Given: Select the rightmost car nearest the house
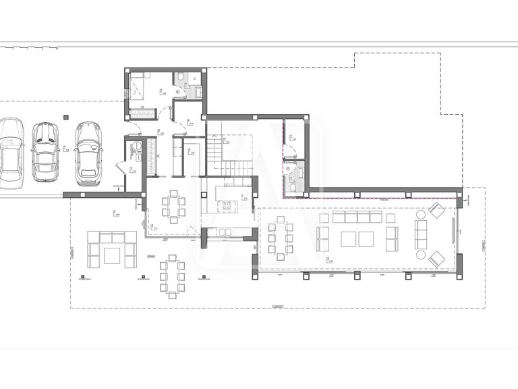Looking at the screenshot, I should [88, 153].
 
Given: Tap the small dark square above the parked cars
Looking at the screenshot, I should [66, 118].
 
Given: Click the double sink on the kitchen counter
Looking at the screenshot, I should [223, 233].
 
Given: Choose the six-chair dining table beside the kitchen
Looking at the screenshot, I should [174, 206].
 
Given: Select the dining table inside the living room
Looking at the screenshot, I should [280, 239].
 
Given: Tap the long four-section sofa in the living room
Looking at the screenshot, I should [357, 217].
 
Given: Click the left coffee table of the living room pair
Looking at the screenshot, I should [349, 239].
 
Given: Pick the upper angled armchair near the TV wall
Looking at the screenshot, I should [436, 211].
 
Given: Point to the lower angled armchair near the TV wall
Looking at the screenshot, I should [436, 258].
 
